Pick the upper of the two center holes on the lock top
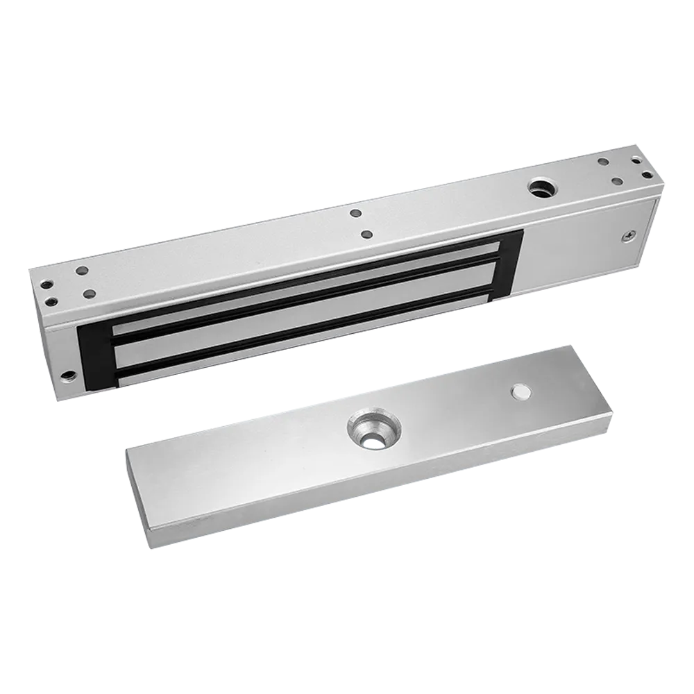click(355, 214)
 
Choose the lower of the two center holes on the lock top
click(367, 236)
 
